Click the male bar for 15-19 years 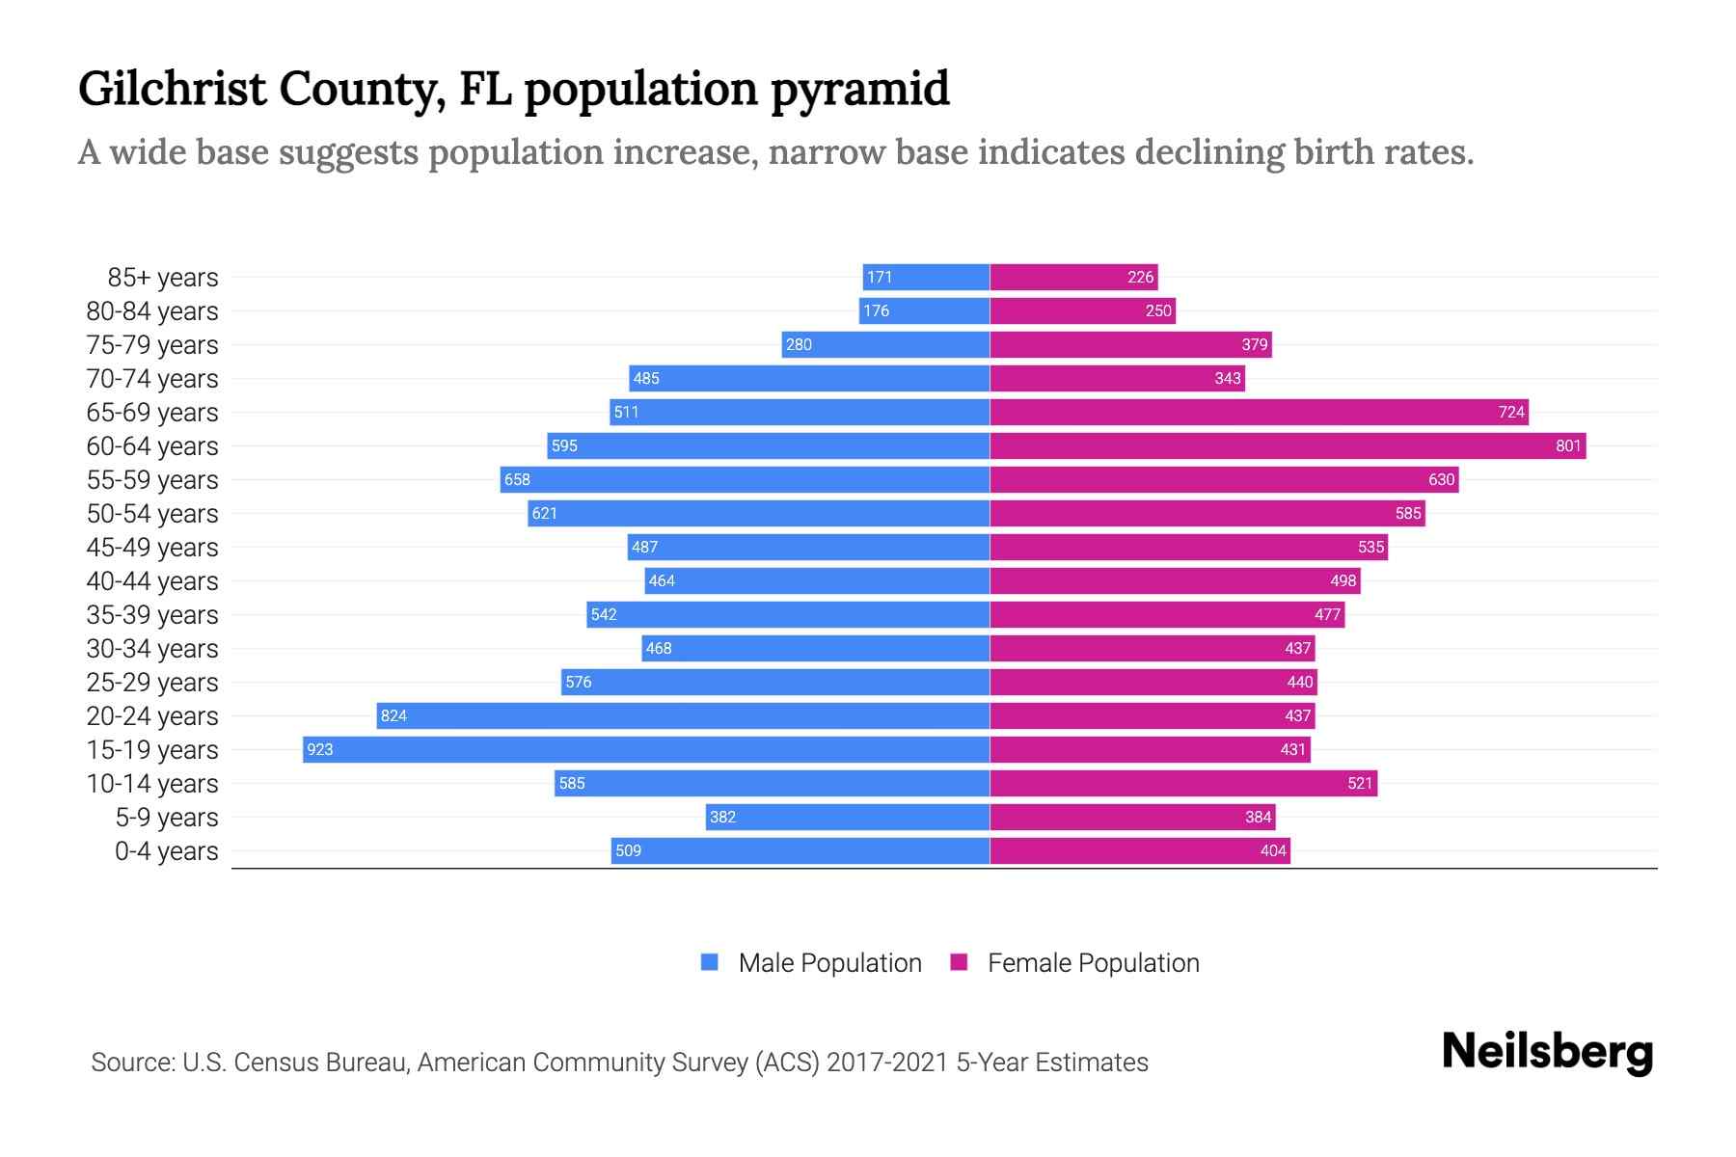click(x=646, y=749)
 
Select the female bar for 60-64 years click(x=1288, y=445)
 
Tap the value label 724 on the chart click(x=1510, y=413)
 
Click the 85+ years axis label click(x=163, y=278)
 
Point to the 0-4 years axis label click(x=166, y=851)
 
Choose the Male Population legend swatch click(x=710, y=962)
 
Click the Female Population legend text click(x=1093, y=963)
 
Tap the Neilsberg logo click(x=1546, y=1052)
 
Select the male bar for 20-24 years click(x=683, y=715)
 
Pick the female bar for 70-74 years click(x=1117, y=378)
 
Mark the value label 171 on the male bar click(x=879, y=278)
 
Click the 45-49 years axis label click(x=152, y=548)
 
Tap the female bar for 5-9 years click(x=1132, y=817)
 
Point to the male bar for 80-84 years click(x=924, y=310)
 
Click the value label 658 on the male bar click(x=517, y=480)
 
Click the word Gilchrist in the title click(x=172, y=89)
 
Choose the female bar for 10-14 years click(x=1183, y=783)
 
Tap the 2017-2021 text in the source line click(x=887, y=1063)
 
